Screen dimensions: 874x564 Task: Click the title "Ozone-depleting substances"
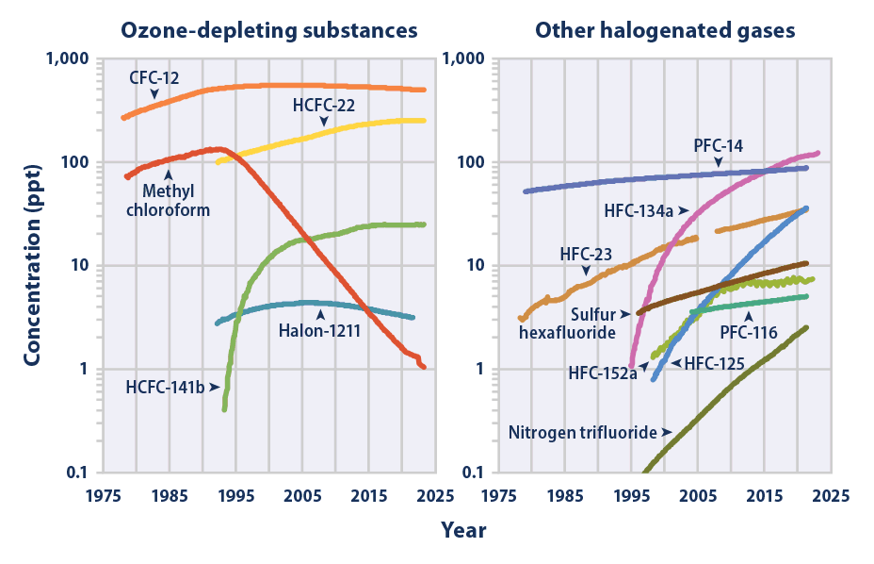coord(269,31)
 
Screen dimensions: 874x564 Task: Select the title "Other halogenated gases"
coord(665,31)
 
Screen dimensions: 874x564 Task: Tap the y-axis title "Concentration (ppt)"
coord(33,265)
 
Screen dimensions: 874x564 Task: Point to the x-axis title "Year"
coord(463,530)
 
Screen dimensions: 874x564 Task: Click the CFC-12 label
coord(154,77)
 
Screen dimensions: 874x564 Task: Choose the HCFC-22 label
coord(324,105)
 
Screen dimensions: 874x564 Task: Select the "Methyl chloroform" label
coord(169,201)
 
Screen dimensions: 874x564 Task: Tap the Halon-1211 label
coord(320,331)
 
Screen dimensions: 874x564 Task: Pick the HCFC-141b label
coord(165,387)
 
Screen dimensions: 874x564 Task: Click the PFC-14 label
coord(719,146)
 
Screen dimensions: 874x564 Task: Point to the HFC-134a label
coord(639,210)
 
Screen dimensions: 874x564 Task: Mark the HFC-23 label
coord(586,254)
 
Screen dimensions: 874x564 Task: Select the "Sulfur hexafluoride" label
coord(567,323)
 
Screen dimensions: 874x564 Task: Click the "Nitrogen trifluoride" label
coord(583,432)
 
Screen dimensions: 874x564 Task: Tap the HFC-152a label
coord(603,373)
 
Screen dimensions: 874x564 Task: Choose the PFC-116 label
coord(749,333)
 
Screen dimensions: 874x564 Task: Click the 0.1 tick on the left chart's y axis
coord(77,473)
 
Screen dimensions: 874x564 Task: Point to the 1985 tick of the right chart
coord(565,496)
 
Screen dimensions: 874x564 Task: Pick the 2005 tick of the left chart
coord(302,496)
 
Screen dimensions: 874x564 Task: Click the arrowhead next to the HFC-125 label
coord(676,363)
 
